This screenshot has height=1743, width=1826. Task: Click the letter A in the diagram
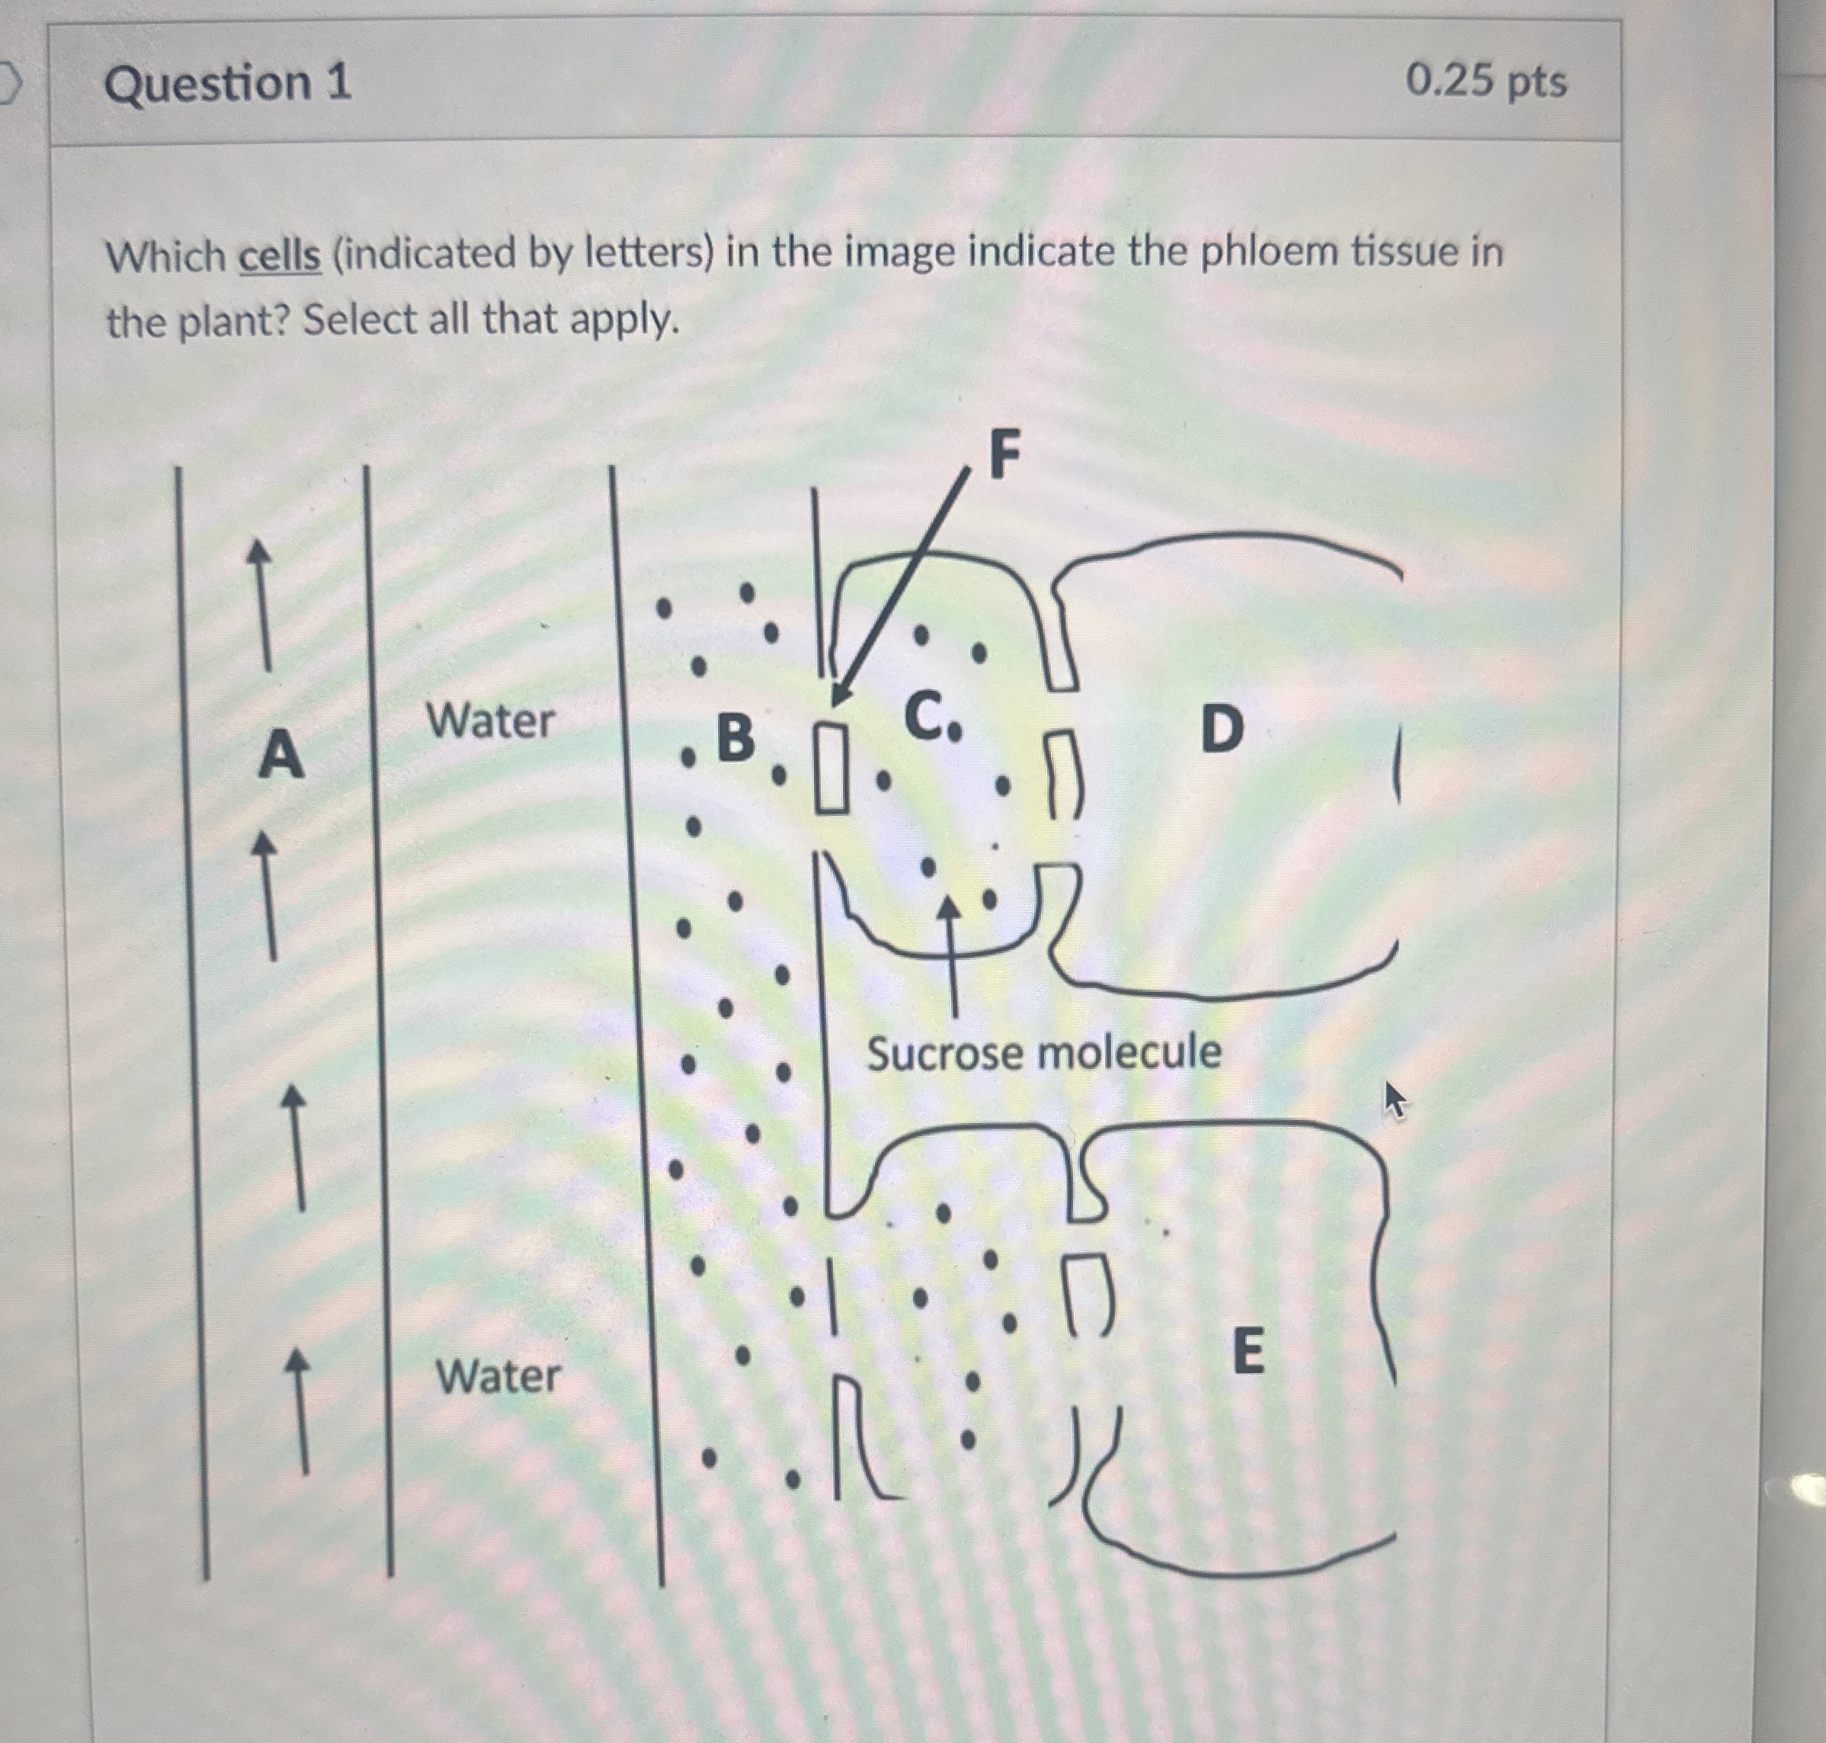[x=280, y=754]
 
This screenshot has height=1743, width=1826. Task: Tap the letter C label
[x=925, y=717]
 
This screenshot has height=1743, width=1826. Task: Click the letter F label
[x=1004, y=455]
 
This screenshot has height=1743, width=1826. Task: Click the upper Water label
[x=489, y=721]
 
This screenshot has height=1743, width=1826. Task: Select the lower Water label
[x=498, y=1377]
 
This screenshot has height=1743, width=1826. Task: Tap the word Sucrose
[x=944, y=1054]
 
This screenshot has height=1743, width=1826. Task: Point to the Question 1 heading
[x=228, y=84]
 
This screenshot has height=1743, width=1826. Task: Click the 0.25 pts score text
[x=1485, y=82]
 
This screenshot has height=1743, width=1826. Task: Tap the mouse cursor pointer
[x=1394, y=1099]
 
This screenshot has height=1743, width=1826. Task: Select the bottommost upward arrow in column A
[x=299, y=1411]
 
